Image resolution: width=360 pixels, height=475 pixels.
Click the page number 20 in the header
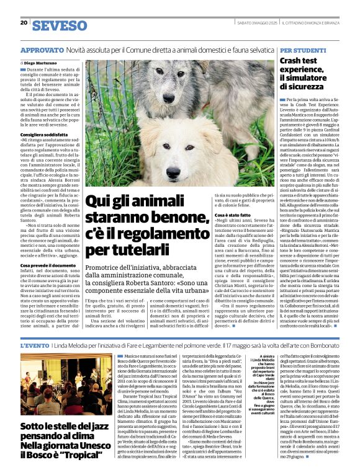click(x=24, y=23)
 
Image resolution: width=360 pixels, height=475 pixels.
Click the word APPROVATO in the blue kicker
click(x=41, y=49)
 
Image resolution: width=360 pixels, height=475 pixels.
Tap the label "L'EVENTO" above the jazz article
click(x=35, y=345)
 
